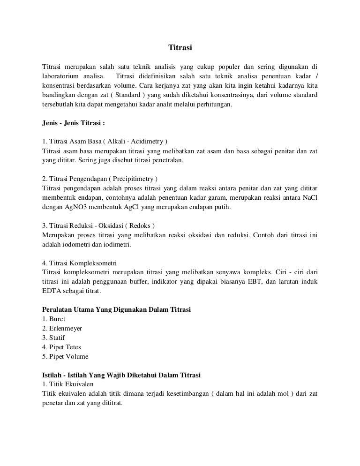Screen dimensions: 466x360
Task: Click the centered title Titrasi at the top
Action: [x=180, y=48]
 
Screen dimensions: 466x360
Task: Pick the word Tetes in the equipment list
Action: [x=73, y=347]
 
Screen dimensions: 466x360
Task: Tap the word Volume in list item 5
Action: [x=77, y=357]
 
